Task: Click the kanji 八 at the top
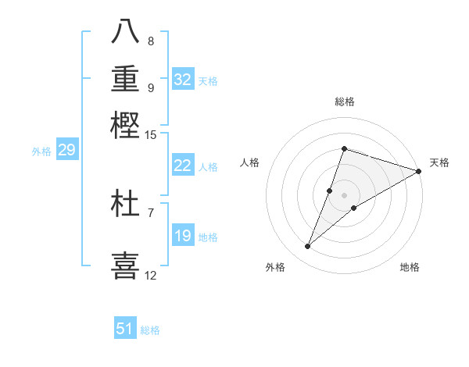125,31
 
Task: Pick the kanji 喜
125,264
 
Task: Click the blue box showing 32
183,80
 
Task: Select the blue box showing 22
183,166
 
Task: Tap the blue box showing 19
183,236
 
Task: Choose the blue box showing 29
66,150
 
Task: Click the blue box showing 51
125,329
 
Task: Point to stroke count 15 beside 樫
150,136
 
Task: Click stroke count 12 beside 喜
150,275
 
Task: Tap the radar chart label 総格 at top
344,102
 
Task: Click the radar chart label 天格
439,162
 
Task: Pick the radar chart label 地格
410,267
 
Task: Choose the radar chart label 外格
275,267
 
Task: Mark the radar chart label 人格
250,162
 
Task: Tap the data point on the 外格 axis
308,247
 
